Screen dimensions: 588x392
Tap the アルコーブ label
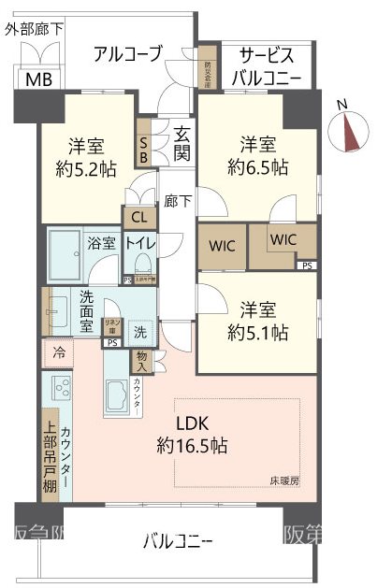click(x=128, y=53)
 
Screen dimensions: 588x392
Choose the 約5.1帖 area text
click(x=257, y=332)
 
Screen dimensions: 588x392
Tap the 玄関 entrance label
click(x=181, y=144)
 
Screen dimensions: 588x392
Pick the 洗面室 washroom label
click(x=85, y=312)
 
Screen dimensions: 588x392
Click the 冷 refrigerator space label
click(x=58, y=354)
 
